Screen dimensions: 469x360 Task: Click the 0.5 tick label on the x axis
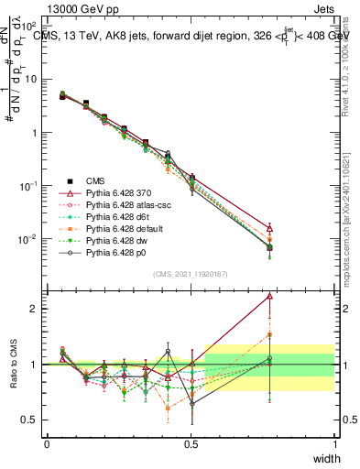(191, 443)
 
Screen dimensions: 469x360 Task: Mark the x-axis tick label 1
(334, 443)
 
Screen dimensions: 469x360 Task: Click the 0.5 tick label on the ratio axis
(30, 420)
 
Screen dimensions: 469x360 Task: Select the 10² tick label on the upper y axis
(27, 26)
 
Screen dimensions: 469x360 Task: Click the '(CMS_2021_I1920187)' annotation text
(191, 274)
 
